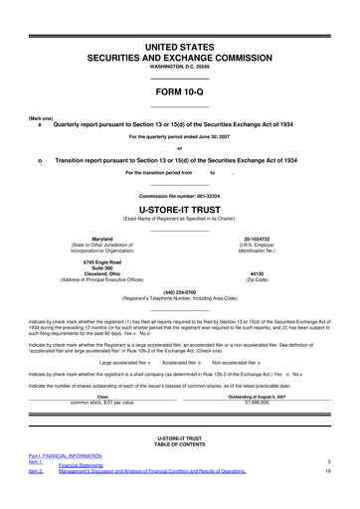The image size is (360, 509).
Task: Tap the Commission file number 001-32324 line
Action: tap(179, 166)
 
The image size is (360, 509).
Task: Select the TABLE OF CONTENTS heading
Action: tap(179, 441)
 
